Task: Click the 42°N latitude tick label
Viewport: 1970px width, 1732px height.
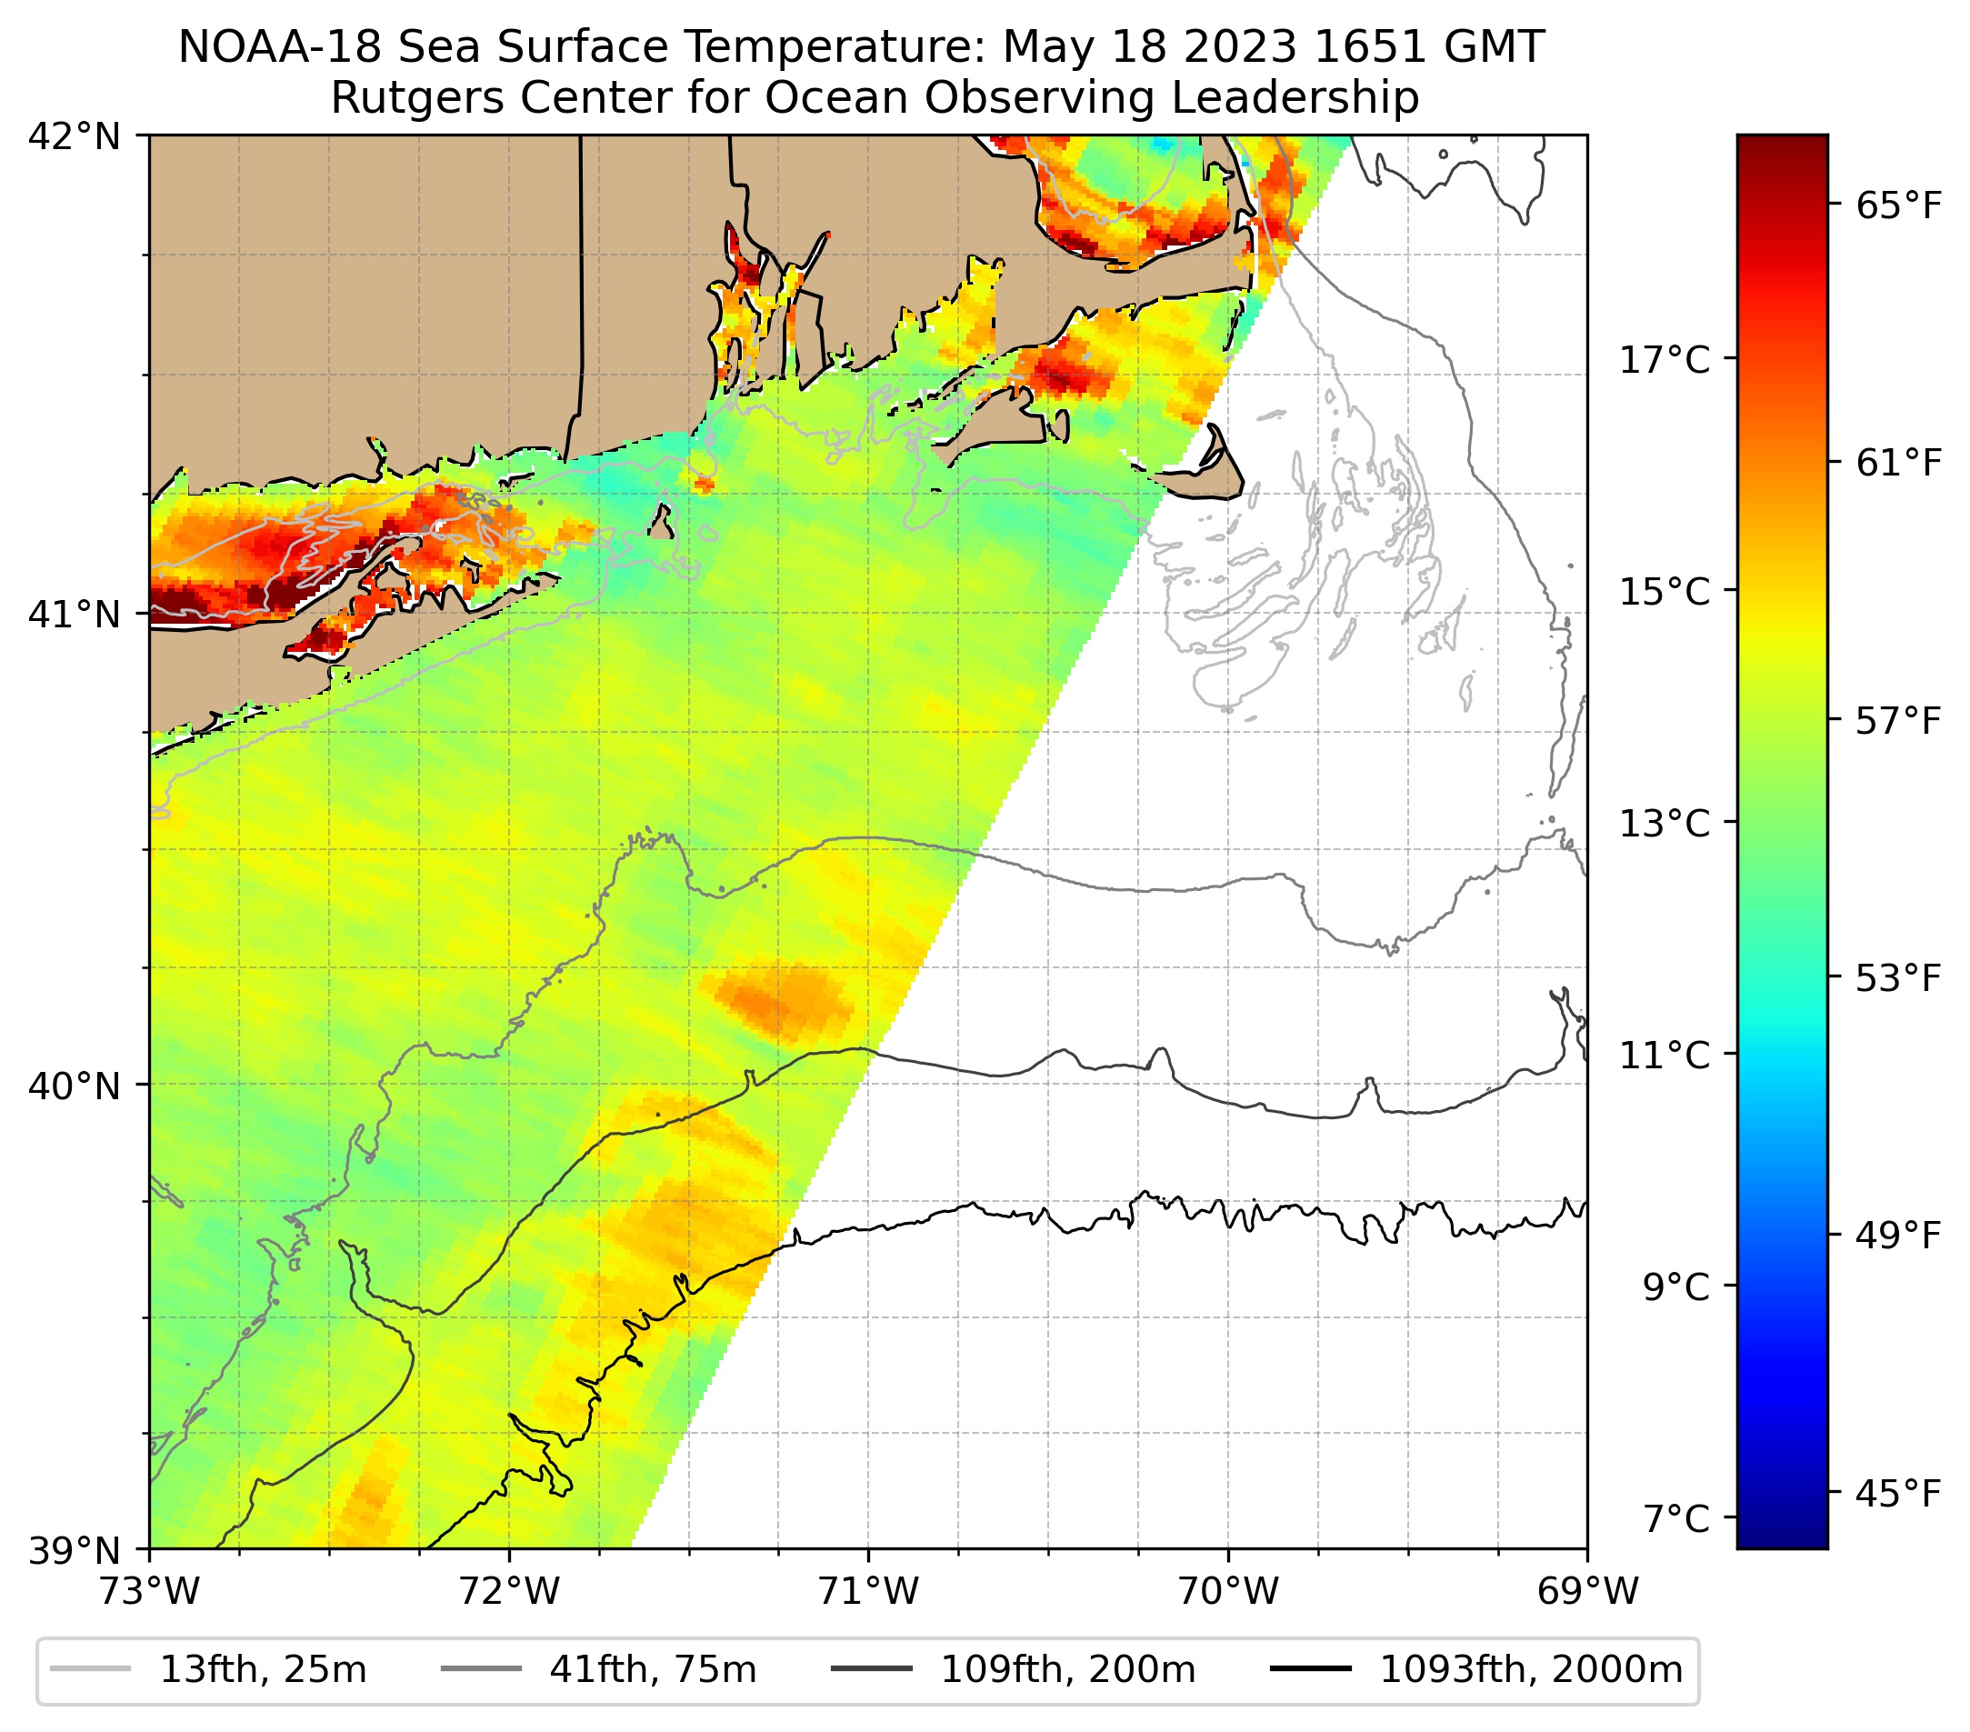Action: (75, 137)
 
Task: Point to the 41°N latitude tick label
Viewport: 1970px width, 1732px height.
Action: (75, 614)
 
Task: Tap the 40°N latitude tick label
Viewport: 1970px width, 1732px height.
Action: (75, 1086)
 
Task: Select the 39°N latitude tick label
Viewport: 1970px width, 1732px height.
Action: (75, 1551)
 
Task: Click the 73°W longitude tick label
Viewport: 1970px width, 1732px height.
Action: (149, 1592)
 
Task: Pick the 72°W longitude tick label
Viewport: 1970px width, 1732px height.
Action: (509, 1592)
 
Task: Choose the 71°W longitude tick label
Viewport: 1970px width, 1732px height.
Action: (868, 1592)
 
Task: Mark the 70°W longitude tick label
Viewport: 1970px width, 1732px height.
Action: (1229, 1592)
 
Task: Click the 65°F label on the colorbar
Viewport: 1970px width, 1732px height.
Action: (1897, 206)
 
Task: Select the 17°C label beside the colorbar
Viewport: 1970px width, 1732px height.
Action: (1665, 360)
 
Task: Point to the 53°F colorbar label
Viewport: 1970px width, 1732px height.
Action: (1897, 978)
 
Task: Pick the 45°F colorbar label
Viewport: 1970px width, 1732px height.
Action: (1897, 1494)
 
